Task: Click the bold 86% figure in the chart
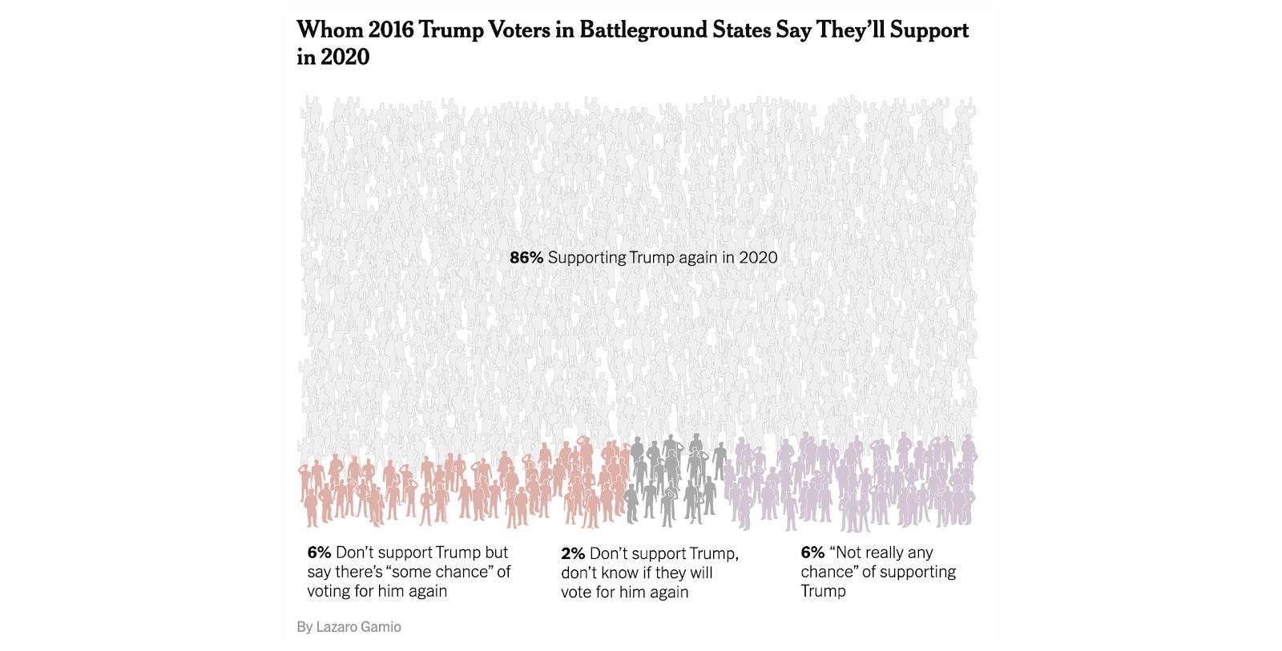(x=526, y=258)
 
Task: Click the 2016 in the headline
(x=391, y=30)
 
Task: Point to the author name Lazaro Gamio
(x=358, y=627)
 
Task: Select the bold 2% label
(x=573, y=554)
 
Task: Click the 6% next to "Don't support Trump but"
(x=319, y=553)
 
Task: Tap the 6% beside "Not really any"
(x=812, y=553)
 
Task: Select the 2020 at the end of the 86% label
(x=758, y=258)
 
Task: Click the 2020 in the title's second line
(x=345, y=58)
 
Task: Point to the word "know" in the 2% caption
(x=618, y=573)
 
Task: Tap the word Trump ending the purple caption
(x=823, y=591)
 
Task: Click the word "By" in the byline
(x=304, y=627)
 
